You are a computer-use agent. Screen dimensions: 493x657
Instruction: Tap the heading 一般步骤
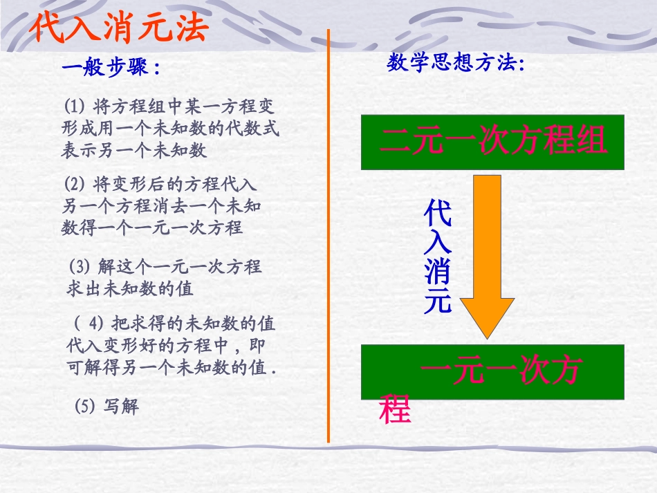[111, 68]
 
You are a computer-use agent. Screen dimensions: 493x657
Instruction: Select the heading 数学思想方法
[456, 64]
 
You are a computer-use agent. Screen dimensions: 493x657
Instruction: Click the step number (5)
[84, 406]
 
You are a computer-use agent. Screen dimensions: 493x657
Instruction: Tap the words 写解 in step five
[122, 406]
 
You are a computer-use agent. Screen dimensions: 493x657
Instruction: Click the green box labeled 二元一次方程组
[492, 142]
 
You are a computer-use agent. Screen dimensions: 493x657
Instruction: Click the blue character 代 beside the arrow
[438, 214]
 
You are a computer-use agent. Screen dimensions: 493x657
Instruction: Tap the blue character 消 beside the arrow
[438, 271]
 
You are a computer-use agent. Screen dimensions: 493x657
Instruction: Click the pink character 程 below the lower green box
[395, 410]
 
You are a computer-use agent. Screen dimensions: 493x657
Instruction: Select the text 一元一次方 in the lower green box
[501, 372]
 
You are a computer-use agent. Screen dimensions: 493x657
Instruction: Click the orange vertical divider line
[328, 235]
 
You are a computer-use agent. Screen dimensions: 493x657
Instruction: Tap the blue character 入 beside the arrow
[438, 243]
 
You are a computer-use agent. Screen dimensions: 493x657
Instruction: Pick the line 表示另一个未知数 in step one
[135, 149]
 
